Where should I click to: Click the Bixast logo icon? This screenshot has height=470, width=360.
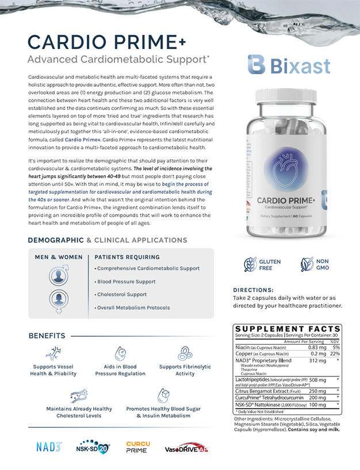click(x=256, y=65)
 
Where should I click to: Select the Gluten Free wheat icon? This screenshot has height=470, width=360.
click(x=251, y=264)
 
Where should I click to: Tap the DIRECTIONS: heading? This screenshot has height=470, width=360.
click(x=253, y=290)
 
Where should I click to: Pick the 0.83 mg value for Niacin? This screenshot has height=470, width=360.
click(x=317, y=347)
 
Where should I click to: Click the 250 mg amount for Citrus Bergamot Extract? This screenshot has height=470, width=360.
click(x=318, y=391)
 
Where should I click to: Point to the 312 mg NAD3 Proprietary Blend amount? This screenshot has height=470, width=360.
click(x=317, y=361)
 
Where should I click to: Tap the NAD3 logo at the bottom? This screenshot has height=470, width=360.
click(x=48, y=446)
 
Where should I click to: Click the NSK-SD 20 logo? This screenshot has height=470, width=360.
click(x=93, y=446)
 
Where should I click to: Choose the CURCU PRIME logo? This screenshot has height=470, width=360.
click(x=137, y=446)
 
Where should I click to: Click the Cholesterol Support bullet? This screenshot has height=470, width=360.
click(x=122, y=294)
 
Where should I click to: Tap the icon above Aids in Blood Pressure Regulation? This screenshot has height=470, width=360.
click(x=121, y=353)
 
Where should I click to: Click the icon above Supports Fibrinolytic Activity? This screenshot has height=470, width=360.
click(x=185, y=353)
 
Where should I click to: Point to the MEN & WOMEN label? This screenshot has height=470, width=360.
click(x=59, y=257)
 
